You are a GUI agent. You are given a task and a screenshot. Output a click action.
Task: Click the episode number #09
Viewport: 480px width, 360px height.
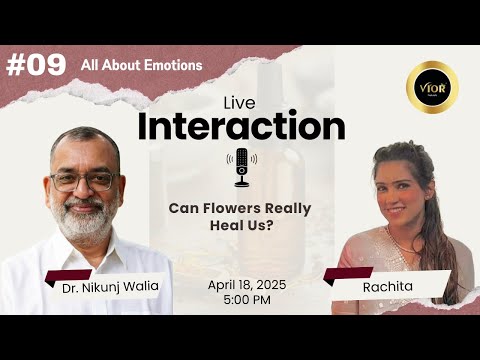tap(36, 65)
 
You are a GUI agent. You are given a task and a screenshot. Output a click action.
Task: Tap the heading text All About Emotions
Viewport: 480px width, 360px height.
tap(141, 65)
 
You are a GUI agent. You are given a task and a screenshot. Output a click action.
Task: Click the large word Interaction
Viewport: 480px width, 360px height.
tap(241, 126)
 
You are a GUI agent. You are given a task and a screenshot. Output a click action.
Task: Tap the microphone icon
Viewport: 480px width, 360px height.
tap(241, 166)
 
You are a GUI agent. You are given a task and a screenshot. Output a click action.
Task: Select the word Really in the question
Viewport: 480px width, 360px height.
tap(288, 208)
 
